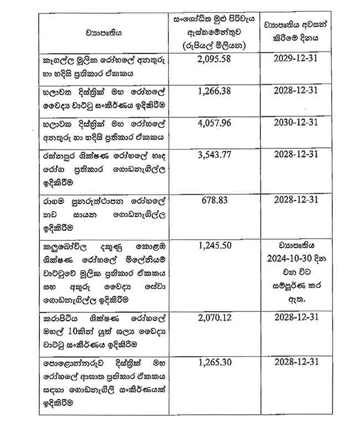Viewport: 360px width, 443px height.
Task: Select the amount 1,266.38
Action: [x=214, y=90]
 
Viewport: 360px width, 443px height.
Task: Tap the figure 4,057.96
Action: [x=214, y=122]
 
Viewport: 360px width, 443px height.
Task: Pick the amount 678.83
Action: [x=214, y=199]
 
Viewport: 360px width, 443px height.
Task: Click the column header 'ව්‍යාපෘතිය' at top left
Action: [x=104, y=33]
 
